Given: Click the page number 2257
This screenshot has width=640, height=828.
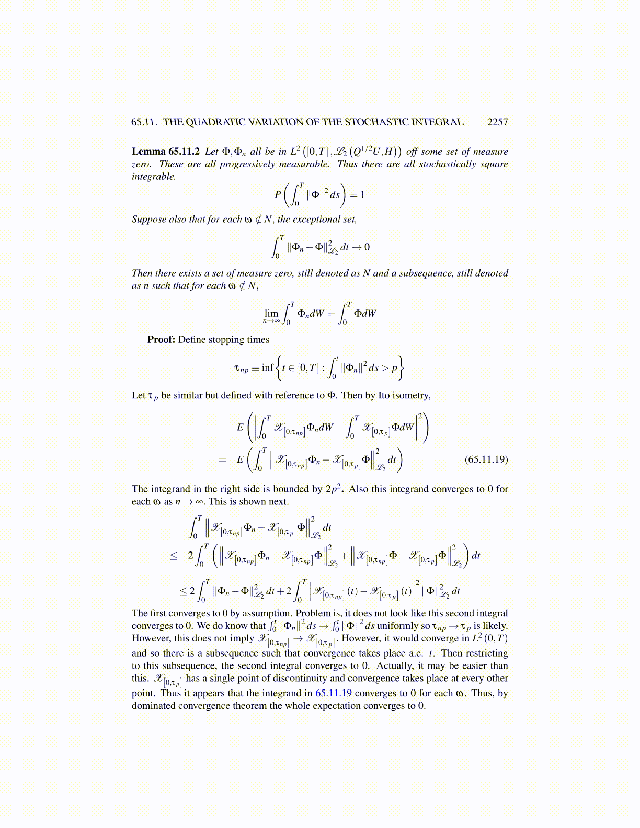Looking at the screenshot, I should click(497, 122).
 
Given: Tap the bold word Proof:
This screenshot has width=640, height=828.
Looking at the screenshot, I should click(161, 340).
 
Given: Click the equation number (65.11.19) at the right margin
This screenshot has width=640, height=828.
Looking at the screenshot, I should click(486, 459).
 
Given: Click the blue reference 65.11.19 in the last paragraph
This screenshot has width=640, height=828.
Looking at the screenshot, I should click(333, 693).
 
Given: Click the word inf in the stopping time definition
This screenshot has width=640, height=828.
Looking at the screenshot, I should click(267, 367).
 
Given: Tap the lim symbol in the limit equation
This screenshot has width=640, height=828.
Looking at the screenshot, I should click(271, 313).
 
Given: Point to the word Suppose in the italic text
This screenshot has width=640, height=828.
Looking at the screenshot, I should click(149, 220).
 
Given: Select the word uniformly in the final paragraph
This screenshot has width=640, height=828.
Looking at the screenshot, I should click(398, 626).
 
